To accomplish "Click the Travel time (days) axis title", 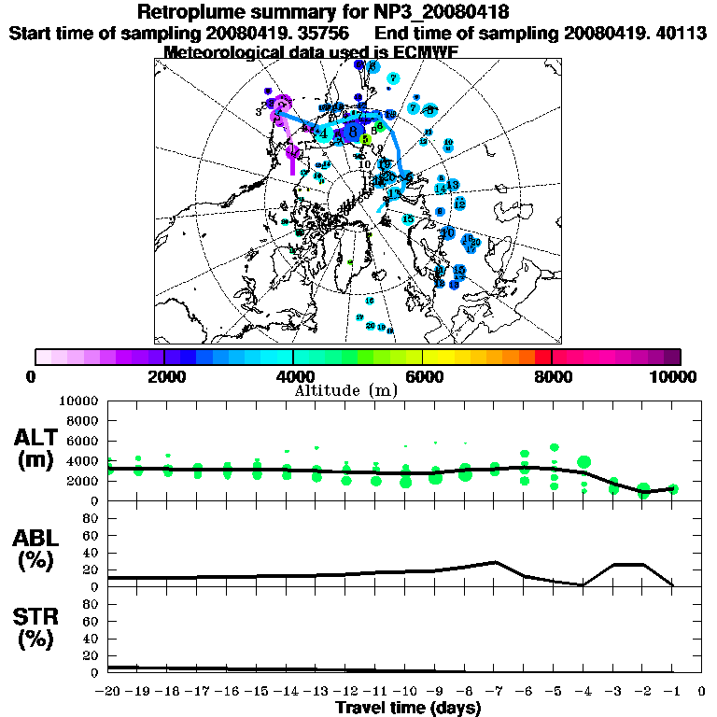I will tap(409, 709).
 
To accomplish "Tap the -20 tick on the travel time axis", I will tap(108, 693).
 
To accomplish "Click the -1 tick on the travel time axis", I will tap(671, 693).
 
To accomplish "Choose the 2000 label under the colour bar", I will tap(164, 377).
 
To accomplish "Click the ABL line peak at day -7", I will tap(495, 562).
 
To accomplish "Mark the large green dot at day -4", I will tap(584, 461).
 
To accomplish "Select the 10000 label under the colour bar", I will tap(676, 377).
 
